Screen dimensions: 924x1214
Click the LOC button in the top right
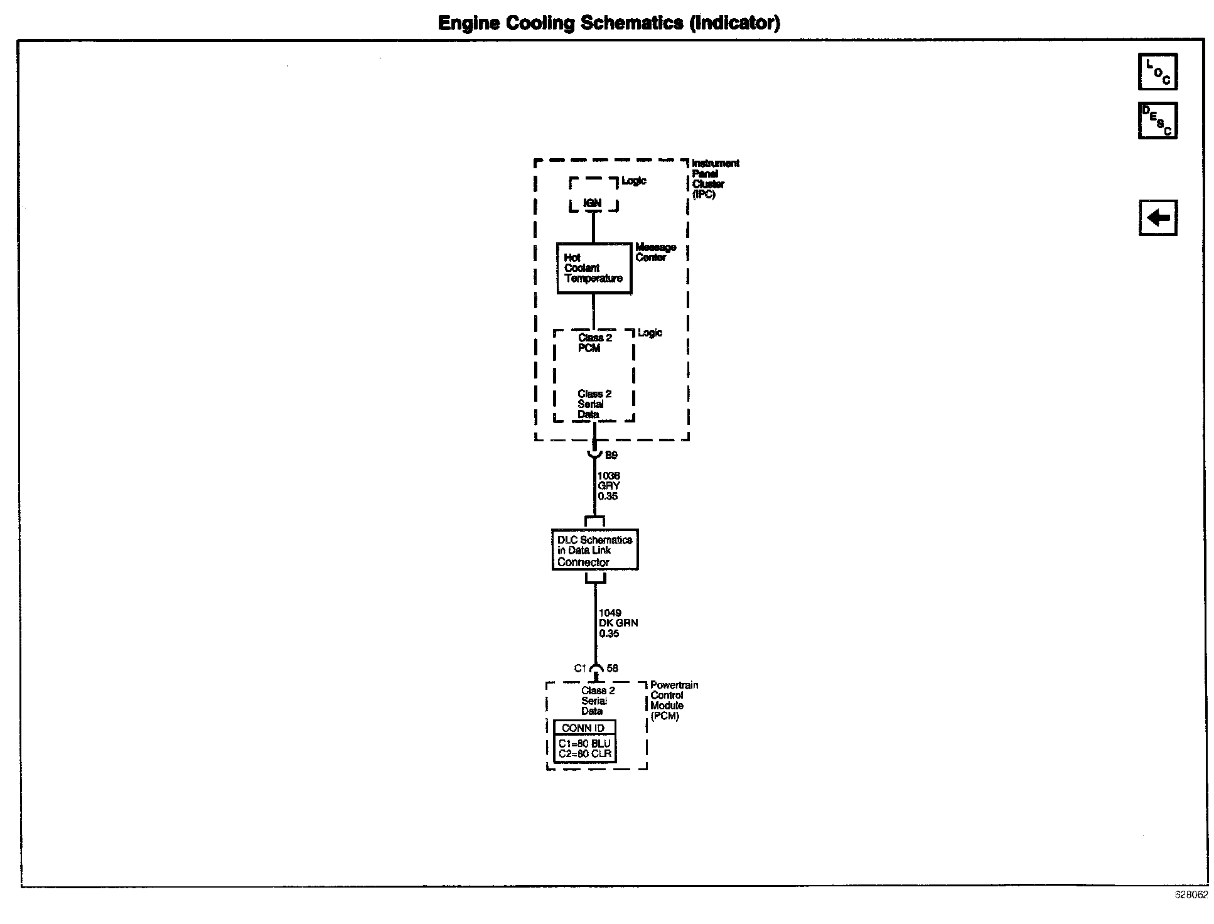(x=1158, y=72)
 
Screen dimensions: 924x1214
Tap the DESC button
(x=1158, y=121)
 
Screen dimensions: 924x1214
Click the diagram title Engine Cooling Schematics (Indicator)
(x=608, y=23)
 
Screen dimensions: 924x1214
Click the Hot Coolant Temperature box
(x=594, y=269)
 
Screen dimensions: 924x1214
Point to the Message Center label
(x=655, y=252)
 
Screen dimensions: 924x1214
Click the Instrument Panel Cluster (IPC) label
(x=715, y=179)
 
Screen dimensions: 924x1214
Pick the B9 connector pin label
(x=611, y=456)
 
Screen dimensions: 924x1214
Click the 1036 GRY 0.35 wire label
(x=608, y=486)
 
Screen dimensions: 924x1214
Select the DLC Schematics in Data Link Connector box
(x=594, y=551)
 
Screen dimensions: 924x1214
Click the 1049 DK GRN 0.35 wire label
(x=618, y=623)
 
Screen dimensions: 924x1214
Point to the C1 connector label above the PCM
(x=580, y=669)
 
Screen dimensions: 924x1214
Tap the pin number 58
(x=612, y=669)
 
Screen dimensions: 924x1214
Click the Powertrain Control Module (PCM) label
(x=674, y=701)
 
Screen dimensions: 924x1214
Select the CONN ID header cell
(x=583, y=728)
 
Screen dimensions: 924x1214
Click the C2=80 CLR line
(x=584, y=754)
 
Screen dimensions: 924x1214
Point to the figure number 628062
(x=1191, y=896)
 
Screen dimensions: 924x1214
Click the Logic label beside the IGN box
(x=633, y=181)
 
